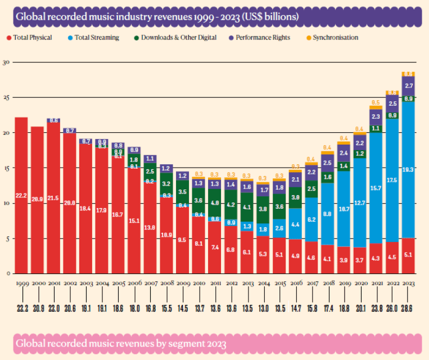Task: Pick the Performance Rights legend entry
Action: coord(263,38)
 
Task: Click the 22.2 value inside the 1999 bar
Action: coord(21,195)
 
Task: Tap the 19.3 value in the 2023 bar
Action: coord(409,169)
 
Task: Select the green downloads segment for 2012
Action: coord(231,205)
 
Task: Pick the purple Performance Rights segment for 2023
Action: coord(409,86)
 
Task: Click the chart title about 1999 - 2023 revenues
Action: coord(157,16)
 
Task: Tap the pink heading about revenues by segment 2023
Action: coord(121,343)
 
